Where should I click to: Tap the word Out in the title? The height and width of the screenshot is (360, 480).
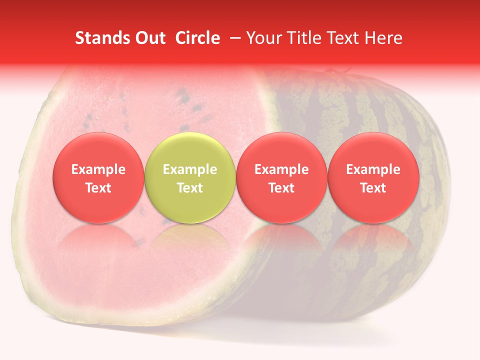click(x=149, y=38)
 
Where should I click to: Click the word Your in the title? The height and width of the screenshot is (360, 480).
click(x=264, y=38)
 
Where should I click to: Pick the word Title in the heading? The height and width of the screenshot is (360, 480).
click(x=304, y=38)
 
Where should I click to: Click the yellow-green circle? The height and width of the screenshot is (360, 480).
click(x=189, y=178)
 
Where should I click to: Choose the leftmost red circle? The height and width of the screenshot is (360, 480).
click(x=98, y=178)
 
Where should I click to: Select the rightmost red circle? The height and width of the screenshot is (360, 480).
click(x=373, y=178)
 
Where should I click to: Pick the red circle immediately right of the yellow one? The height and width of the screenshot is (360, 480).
click(x=281, y=178)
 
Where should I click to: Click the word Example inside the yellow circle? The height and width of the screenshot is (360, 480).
click(x=189, y=169)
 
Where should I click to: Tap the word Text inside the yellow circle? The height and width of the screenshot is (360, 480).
click(x=189, y=188)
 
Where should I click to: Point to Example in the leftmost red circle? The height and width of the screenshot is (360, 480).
click(x=98, y=169)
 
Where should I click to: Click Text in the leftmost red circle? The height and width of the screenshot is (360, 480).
click(x=98, y=188)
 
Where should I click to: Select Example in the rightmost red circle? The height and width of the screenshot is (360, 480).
click(x=373, y=169)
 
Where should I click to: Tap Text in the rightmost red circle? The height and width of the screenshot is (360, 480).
click(x=373, y=188)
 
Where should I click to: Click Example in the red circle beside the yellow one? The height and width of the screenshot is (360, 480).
click(x=281, y=169)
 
